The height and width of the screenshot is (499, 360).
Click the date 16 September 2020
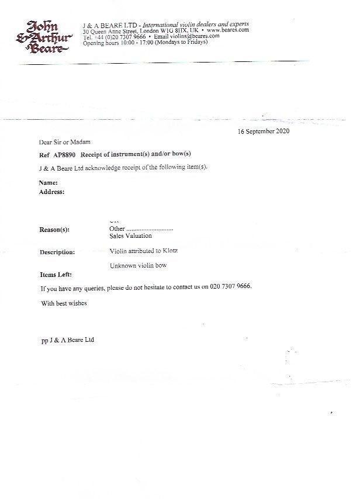(x=264, y=131)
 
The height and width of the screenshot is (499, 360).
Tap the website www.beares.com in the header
(x=228, y=30)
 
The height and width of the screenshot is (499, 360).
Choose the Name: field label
(x=49, y=183)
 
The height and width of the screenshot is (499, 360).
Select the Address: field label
(x=52, y=192)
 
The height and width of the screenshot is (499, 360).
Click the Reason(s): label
(x=54, y=229)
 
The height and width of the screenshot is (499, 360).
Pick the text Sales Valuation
(x=130, y=236)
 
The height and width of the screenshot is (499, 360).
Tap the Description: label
(x=57, y=252)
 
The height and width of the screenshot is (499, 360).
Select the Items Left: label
(x=56, y=275)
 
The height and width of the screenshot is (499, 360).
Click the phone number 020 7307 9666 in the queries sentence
(x=229, y=287)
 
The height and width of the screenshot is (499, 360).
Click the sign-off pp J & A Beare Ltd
(x=67, y=339)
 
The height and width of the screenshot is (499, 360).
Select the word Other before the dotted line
(x=117, y=228)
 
